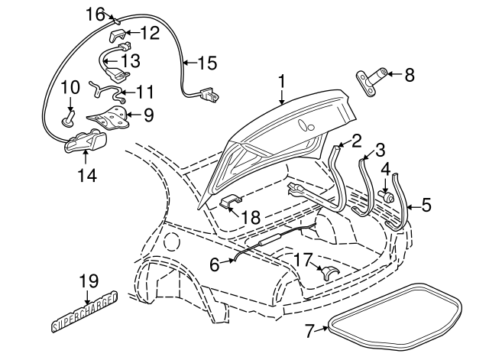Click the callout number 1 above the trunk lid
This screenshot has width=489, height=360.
pyautogui.click(x=281, y=80)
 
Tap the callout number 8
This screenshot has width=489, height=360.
pyautogui.click(x=409, y=75)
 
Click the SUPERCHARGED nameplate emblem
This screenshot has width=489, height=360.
pyautogui.click(x=84, y=313)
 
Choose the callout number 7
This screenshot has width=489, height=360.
pyautogui.click(x=310, y=331)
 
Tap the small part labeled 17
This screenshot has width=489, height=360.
pyautogui.click(x=329, y=272)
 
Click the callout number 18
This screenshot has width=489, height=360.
pyautogui.click(x=251, y=217)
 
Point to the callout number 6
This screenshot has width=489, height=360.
pyautogui.click(x=215, y=264)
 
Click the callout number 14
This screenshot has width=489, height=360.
pyautogui.click(x=86, y=175)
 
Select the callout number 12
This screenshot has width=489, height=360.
pyautogui.click(x=149, y=33)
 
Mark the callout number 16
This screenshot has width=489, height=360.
pyautogui.click(x=95, y=14)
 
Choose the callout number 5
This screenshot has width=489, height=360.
pyautogui.click(x=426, y=204)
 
